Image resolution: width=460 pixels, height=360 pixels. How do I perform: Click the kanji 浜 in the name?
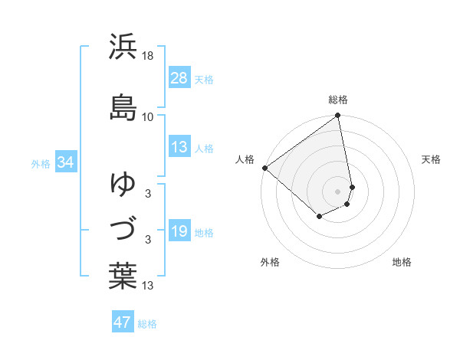click(x=123, y=47)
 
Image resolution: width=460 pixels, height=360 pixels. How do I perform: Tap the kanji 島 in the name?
click(x=123, y=106)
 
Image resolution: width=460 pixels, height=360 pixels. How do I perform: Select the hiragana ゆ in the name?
click(x=123, y=184)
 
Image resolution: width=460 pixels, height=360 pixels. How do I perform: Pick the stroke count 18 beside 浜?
click(x=148, y=56)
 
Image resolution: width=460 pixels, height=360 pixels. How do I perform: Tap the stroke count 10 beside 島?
click(x=148, y=116)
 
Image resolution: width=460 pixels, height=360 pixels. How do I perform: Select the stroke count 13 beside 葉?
click(x=148, y=286)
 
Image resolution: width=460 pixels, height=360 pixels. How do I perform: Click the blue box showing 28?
click(x=179, y=78)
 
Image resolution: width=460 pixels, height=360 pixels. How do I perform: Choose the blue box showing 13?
click(x=179, y=147)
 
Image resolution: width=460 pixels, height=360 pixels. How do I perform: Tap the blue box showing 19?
click(x=179, y=231)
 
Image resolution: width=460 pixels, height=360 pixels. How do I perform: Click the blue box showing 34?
click(x=64, y=162)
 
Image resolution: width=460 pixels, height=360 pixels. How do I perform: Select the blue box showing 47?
click(x=123, y=322)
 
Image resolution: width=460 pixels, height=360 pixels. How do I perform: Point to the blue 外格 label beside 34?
click(x=41, y=163)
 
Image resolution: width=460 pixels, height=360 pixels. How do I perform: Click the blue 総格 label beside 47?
click(x=147, y=323)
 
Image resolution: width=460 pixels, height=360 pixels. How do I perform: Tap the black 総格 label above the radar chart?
click(x=338, y=100)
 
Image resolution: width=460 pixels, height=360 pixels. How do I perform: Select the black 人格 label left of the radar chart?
click(x=245, y=159)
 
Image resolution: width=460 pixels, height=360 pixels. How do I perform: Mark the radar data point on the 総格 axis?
click(x=338, y=116)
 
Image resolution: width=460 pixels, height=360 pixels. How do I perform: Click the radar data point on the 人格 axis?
click(x=264, y=168)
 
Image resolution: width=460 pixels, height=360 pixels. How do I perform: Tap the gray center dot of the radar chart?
click(x=338, y=191)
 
